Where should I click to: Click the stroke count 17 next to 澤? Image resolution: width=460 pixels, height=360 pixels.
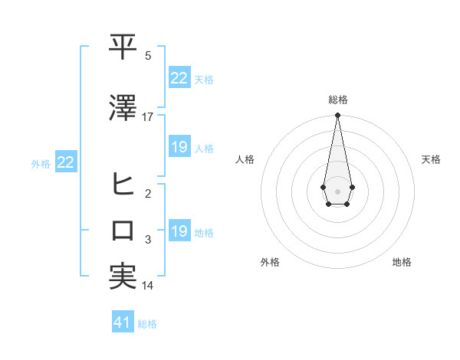click(x=148, y=117)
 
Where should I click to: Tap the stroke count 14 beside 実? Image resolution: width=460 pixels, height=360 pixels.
click(x=148, y=286)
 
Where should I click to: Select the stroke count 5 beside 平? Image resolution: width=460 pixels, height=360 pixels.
click(x=148, y=56)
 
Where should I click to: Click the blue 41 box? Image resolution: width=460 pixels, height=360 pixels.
click(x=123, y=322)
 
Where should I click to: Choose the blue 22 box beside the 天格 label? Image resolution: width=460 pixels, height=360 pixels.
click(x=179, y=77)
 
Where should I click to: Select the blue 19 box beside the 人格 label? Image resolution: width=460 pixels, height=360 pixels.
click(x=179, y=147)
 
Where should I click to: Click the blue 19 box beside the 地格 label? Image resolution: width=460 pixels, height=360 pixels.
click(x=179, y=231)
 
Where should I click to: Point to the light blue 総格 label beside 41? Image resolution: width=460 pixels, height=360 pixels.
click(x=147, y=324)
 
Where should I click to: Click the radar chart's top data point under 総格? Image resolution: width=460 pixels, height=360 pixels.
click(x=337, y=115)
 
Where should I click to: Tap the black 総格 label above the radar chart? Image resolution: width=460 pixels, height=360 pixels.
click(x=337, y=100)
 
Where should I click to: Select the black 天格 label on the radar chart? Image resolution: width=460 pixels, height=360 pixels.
click(x=431, y=159)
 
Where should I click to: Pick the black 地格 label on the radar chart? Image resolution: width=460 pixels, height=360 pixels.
click(x=402, y=262)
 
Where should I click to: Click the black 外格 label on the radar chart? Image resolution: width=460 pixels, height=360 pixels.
click(x=270, y=262)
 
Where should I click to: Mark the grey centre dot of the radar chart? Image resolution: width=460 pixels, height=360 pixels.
click(x=337, y=190)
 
